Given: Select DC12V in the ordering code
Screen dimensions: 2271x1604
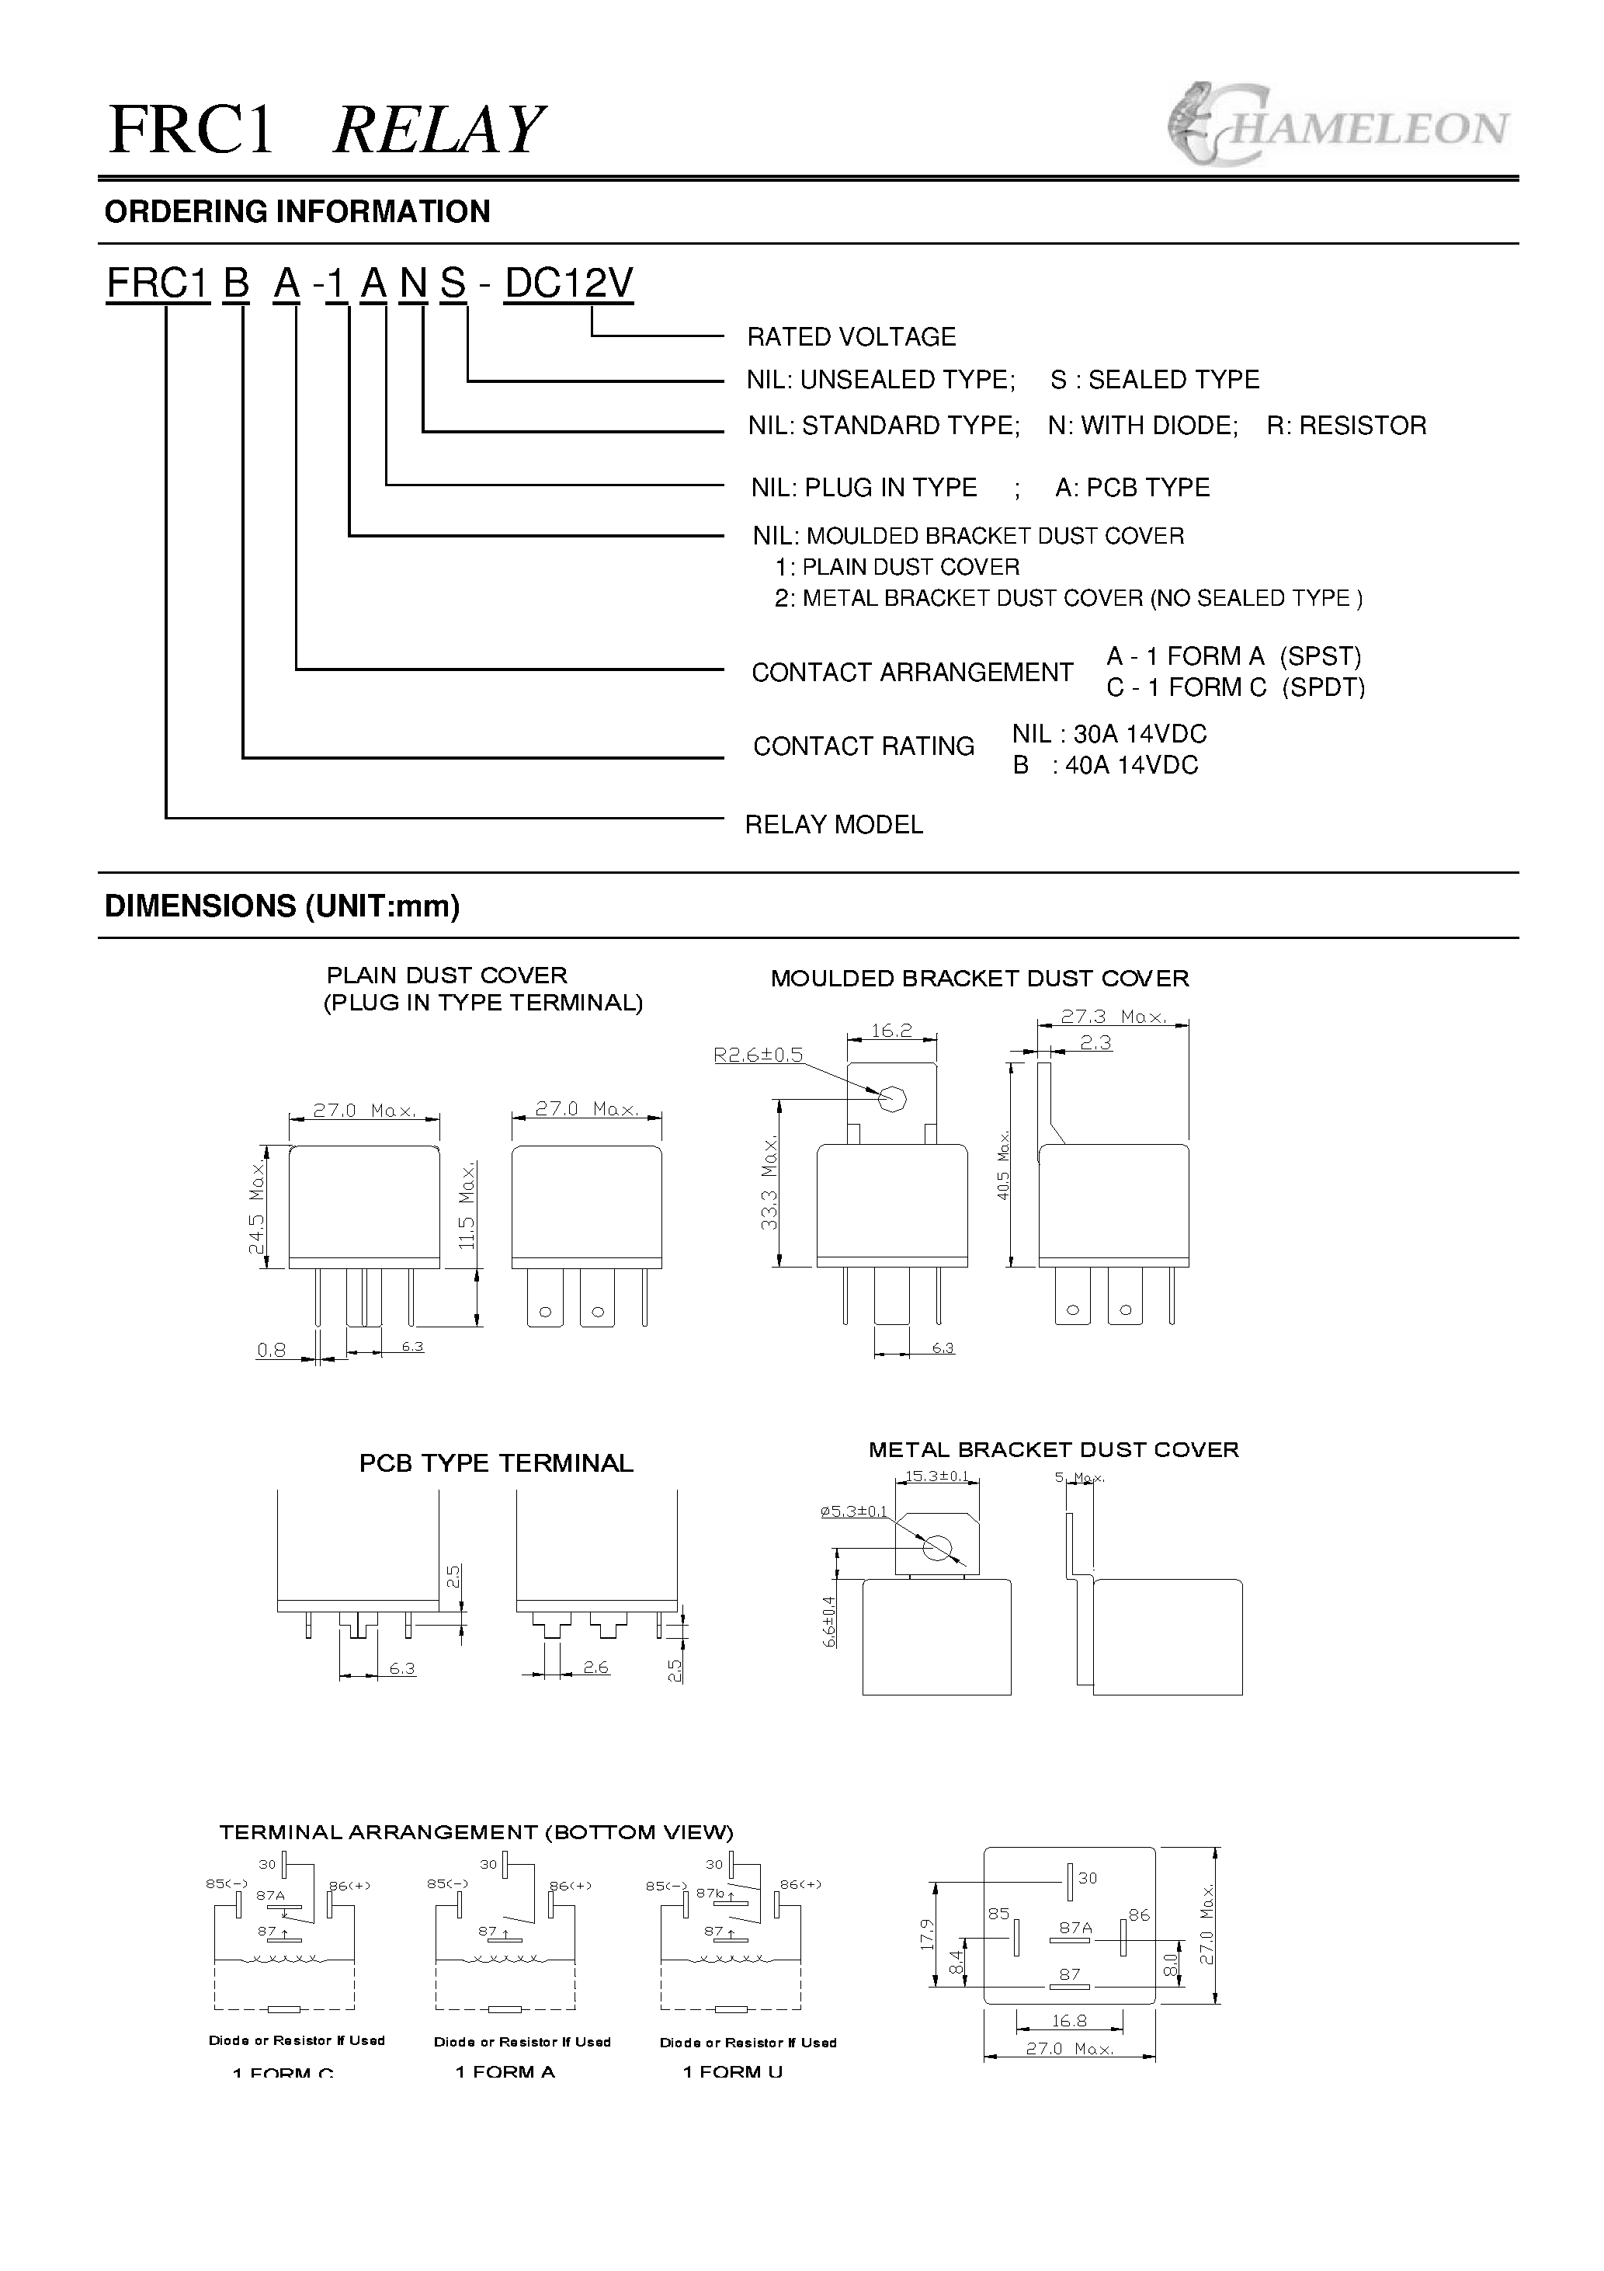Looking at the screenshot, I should click(x=568, y=284).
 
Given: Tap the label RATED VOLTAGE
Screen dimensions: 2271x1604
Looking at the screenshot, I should click(x=850, y=337).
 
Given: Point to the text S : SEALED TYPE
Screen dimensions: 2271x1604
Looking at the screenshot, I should click(x=1154, y=380).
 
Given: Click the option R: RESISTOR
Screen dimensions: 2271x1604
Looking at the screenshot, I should click(x=1346, y=426).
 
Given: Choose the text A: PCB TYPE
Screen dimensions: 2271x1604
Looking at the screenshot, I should click(x=1132, y=488).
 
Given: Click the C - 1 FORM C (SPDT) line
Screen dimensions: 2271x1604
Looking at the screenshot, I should click(x=1235, y=687).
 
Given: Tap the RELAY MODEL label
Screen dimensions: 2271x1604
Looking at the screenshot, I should click(x=834, y=825).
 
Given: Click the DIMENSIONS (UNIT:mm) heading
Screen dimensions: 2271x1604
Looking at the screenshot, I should click(x=282, y=906).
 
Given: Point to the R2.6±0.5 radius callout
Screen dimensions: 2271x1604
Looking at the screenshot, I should click(x=758, y=1056).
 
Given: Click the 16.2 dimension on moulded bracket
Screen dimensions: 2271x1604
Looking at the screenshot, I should click(x=891, y=1031).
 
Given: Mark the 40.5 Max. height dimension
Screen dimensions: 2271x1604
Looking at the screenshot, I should click(x=1003, y=1165).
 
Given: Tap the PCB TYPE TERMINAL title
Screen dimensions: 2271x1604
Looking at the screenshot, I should click(x=495, y=1463).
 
